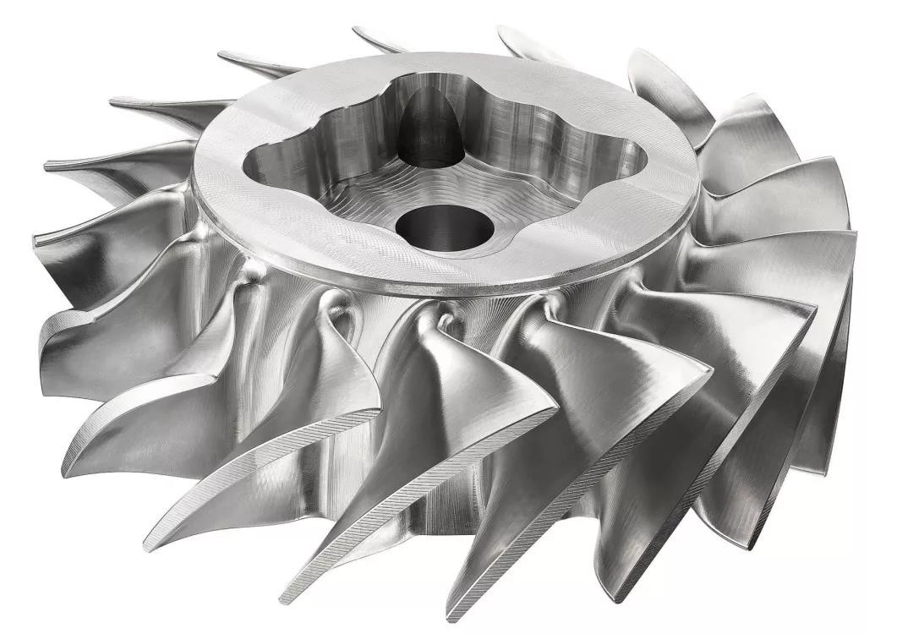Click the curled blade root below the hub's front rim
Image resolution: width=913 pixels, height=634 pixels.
[347, 313]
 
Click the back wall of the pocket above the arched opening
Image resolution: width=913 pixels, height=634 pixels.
[490, 110]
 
